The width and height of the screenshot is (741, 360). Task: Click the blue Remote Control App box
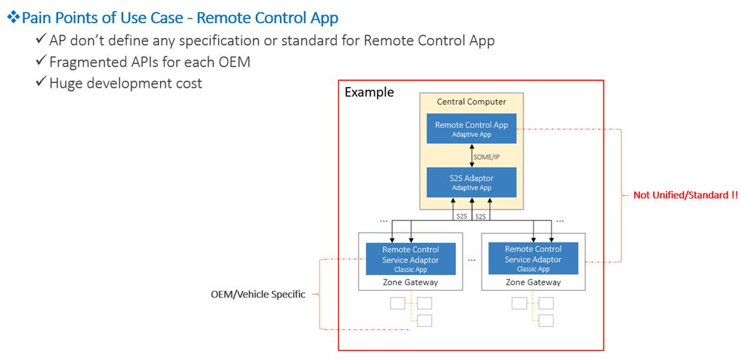(x=471, y=128)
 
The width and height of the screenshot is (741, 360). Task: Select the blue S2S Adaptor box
(x=471, y=182)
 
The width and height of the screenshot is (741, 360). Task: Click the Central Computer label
(x=471, y=102)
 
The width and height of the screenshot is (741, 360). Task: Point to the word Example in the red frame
(x=369, y=92)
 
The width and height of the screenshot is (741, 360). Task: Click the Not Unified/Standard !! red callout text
(x=685, y=195)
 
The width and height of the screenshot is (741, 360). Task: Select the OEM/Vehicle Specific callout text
(x=258, y=294)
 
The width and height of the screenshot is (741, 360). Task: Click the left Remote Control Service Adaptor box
(x=411, y=259)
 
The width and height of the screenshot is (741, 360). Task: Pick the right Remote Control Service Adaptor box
(x=533, y=259)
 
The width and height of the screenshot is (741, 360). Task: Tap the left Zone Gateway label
(x=411, y=282)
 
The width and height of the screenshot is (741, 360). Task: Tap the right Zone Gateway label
(x=533, y=282)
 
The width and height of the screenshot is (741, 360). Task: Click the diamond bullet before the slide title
(x=13, y=18)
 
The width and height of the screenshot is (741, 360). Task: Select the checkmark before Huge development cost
(x=41, y=83)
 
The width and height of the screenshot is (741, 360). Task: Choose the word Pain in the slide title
(x=37, y=18)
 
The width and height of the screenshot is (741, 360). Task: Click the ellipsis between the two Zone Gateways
(x=471, y=260)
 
